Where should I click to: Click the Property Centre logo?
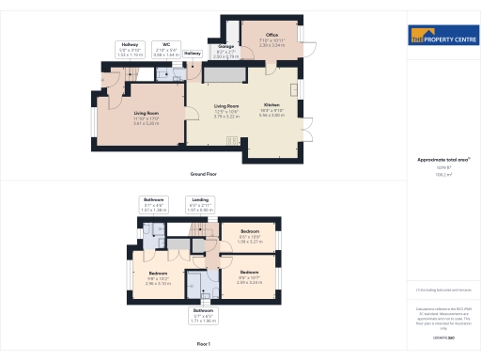point(441,37)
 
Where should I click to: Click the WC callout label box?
point(165,49)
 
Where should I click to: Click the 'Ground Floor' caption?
point(204,175)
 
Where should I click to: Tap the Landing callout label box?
point(201,205)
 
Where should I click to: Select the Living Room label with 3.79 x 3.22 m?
point(226,111)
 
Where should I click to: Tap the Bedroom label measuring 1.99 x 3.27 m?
point(250,235)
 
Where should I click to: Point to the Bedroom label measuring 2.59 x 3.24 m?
point(250,279)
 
